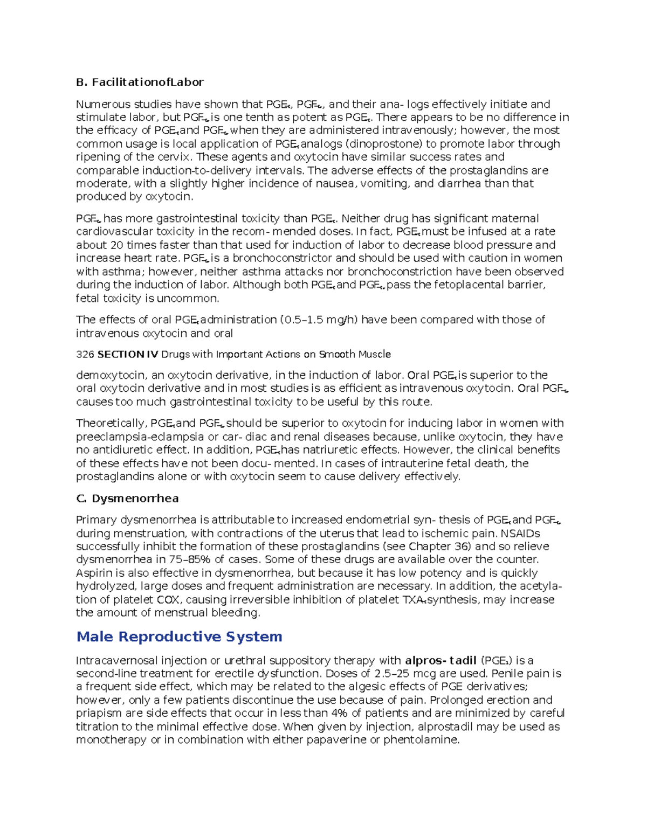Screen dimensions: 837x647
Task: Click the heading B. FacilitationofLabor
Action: [x=140, y=82]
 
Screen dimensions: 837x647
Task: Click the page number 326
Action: [x=85, y=354]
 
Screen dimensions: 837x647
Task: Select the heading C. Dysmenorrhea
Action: [x=127, y=499]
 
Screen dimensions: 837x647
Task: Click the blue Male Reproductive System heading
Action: [x=179, y=637]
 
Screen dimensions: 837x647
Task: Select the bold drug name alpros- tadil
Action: [x=440, y=661]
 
